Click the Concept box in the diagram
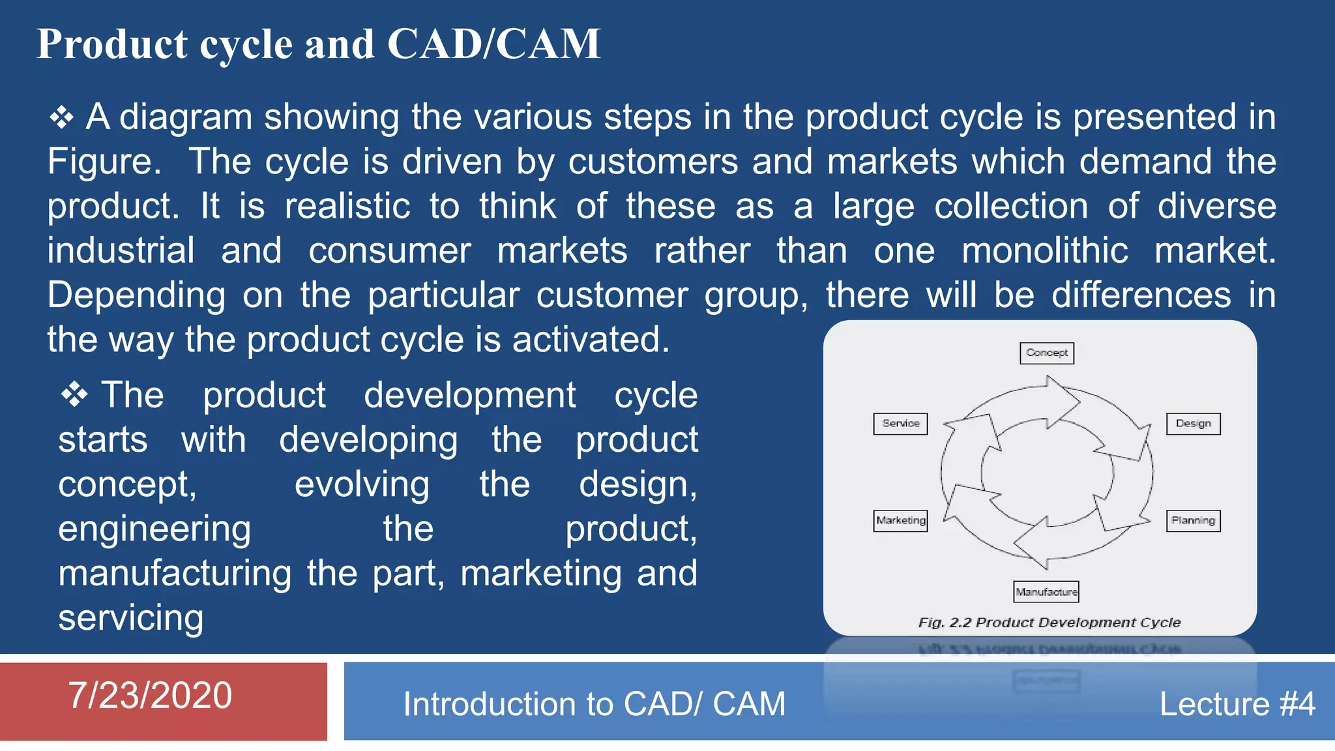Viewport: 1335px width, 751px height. pyautogui.click(x=1046, y=353)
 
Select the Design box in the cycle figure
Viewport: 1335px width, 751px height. pyautogui.click(x=1193, y=423)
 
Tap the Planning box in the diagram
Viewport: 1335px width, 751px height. pyautogui.click(x=1193, y=520)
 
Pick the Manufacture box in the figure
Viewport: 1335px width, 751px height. pyautogui.click(x=1046, y=591)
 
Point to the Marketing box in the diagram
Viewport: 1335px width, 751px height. pyautogui.click(x=900, y=520)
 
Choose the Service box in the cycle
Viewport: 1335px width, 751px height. pyautogui.click(x=900, y=423)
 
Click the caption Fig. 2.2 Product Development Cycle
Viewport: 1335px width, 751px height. pyautogui.click(x=1049, y=623)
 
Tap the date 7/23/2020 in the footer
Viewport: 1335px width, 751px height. pyautogui.click(x=150, y=695)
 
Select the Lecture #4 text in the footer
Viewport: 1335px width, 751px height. pyautogui.click(x=1237, y=704)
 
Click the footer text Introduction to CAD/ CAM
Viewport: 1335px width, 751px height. pyautogui.click(x=594, y=704)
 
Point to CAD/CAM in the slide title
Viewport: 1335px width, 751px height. pyautogui.click(x=493, y=44)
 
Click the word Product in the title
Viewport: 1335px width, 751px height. pyautogui.click(x=112, y=44)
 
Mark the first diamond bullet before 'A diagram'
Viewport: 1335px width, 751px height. pyautogui.click(x=61, y=117)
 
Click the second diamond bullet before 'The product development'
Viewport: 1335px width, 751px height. pyautogui.click(x=74, y=395)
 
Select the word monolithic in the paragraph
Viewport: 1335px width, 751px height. pyautogui.click(x=1044, y=250)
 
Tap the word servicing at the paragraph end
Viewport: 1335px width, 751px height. pyautogui.click(x=130, y=617)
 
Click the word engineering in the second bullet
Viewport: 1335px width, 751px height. pyautogui.click(x=154, y=529)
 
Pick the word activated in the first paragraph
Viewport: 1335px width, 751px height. pyautogui.click(x=591, y=340)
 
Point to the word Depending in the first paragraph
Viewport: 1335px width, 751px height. pyautogui.click(x=136, y=295)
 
